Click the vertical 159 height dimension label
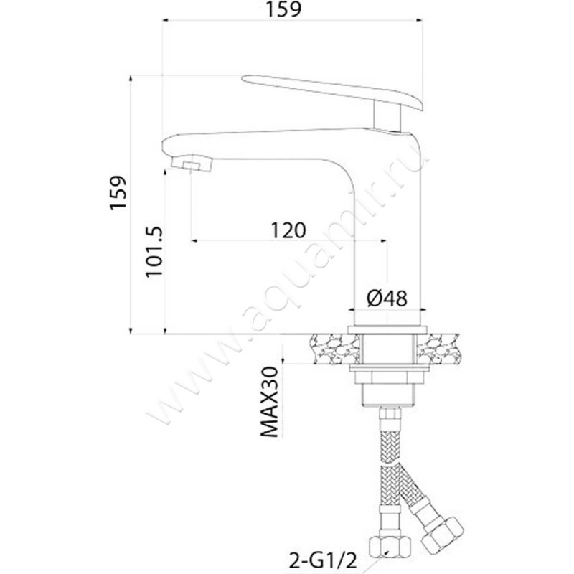(118, 193)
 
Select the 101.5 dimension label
(154, 252)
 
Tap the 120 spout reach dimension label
(288, 230)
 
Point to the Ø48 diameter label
(387, 298)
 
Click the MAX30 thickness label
(270, 402)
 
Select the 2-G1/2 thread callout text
(322, 560)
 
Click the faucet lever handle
(332, 92)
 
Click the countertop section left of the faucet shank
(334, 349)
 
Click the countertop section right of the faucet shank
(438, 349)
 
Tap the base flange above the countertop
(387, 329)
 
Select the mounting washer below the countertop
(388, 368)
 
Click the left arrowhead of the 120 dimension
(194, 240)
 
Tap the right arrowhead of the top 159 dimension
(420, 20)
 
